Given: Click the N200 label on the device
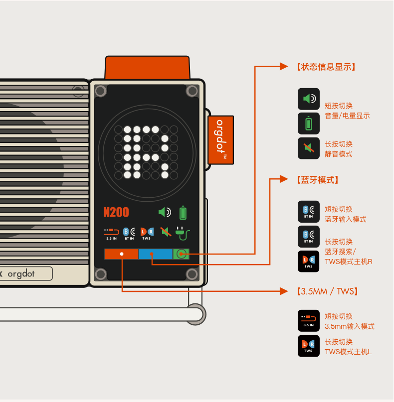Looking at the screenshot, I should [116, 212].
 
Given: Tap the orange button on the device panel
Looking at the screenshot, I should [121, 254].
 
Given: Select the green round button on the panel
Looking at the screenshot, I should [181, 254].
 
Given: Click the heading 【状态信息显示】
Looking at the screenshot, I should [326, 67].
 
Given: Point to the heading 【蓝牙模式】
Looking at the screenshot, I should [317, 180].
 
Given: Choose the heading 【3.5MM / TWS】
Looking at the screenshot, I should [327, 291].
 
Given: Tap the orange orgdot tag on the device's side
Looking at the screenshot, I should [220, 139].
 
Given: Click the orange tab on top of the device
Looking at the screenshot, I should [147, 68].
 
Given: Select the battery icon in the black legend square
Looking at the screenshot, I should [309, 123].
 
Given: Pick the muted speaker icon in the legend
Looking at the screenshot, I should [309, 148].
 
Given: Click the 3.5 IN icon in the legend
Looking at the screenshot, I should [309, 320].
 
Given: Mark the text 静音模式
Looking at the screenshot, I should [339, 154].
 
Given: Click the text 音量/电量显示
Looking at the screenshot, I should [347, 116].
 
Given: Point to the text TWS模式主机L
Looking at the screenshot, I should [348, 352].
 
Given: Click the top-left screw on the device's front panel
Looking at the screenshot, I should [101, 91].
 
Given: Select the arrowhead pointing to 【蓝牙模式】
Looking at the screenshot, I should [284, 179].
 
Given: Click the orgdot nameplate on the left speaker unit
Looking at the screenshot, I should [25, 273].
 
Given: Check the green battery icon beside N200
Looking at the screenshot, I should [183, 212].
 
